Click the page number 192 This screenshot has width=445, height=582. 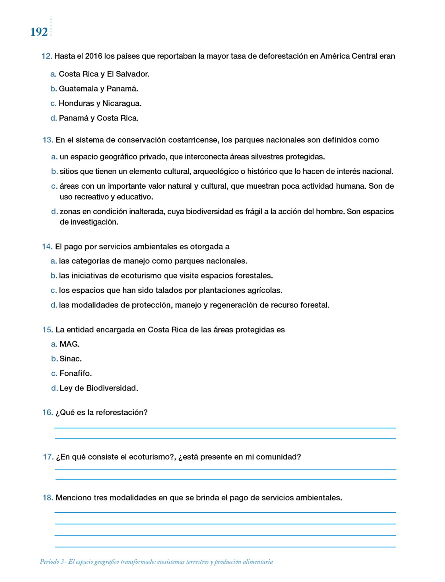(x=39, y=32)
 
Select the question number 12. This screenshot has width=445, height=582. (x=47, y=56)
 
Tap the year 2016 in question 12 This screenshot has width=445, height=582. (x=94, y=56)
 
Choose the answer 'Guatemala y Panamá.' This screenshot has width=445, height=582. (x=98, y=89)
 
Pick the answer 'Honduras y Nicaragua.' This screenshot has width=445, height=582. (x=100, y=103)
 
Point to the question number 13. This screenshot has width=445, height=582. (x=48, y=140)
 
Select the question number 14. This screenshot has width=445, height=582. (x=47, y=247)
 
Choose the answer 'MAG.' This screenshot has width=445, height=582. (x=69, y=344)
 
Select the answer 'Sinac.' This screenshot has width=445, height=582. (x=71, y=359)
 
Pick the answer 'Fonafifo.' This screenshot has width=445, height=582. (x=76, y=373)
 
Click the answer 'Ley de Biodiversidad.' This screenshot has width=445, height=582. (x=99, y=388)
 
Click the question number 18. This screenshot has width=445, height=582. (x=48, y=498)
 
